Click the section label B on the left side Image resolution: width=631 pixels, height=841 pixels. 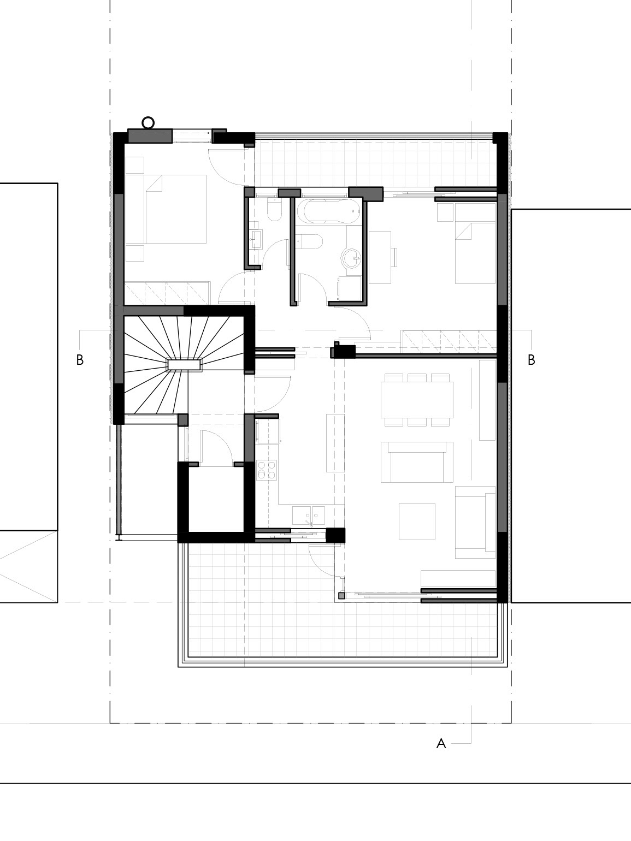click(80, 360)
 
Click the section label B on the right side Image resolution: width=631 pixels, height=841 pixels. click(531, 360)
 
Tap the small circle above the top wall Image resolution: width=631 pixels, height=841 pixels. click(148, 123)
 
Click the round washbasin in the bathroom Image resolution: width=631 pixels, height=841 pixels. click(350, 258)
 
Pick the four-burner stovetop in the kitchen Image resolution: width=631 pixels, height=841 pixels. click(267, 469)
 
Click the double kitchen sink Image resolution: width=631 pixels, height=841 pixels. click(309, 516)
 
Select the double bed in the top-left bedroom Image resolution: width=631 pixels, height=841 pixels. click(166, 209)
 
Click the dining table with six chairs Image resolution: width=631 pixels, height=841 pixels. click(417, 400)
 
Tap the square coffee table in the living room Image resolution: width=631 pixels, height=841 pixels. click(417, 522)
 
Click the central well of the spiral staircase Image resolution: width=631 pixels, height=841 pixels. click(184, 365)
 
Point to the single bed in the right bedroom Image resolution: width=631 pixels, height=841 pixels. click(475, 244)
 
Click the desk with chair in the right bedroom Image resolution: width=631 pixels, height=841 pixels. click(381, 257)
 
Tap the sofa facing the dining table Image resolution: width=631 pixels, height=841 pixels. click(417, 461)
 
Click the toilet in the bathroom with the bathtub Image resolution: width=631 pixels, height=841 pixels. click(311, 241)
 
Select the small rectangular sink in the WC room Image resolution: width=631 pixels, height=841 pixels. click(256, 239)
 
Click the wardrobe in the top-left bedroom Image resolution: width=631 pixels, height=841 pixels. click(167, 293)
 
